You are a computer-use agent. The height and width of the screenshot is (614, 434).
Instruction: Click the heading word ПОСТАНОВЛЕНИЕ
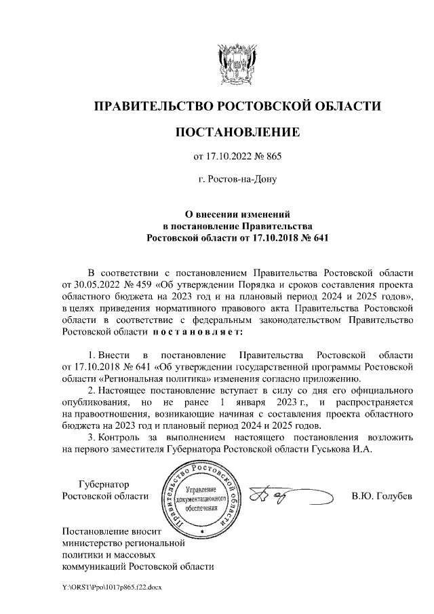pyautogui.click(x=237, y=132)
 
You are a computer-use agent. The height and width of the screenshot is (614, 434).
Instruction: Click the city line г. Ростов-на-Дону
pyautogui.click(x=237, y=180)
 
